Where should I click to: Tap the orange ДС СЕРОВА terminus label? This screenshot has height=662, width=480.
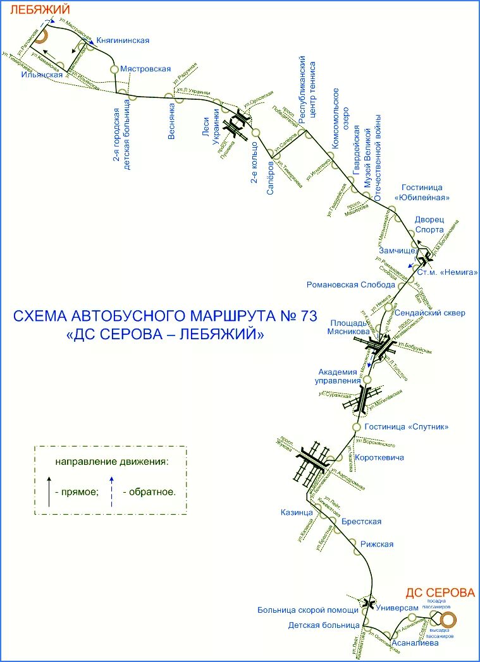pos(440,593)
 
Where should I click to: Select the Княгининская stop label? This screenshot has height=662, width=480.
pos(123,40)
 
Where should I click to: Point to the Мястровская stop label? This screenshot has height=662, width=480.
pos(145,68)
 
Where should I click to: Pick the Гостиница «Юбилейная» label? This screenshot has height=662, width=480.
pos(422,193)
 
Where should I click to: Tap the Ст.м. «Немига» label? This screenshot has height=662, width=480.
pos(448,272)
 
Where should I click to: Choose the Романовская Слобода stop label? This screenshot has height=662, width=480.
pos(350,284)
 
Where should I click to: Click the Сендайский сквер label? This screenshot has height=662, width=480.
pos(429,313)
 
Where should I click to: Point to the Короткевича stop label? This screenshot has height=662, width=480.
pos(379,457)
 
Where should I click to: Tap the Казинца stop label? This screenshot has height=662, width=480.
pos(297,512)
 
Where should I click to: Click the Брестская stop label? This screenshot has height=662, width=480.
pos(361,521)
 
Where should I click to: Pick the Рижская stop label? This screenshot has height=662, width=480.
pos(377,545)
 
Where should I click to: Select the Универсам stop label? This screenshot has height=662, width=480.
pos(397,608)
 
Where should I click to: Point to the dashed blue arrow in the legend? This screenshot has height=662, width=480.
pos(112,491)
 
